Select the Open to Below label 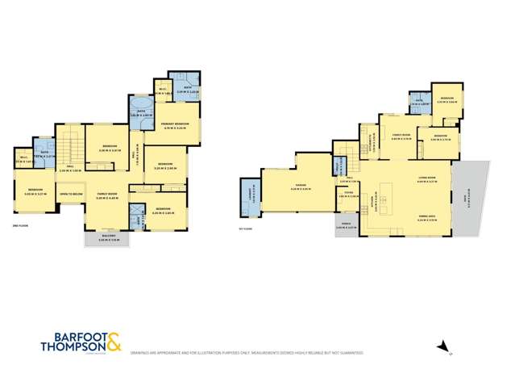coord(71,195)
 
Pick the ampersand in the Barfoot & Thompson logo coord(114,341)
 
